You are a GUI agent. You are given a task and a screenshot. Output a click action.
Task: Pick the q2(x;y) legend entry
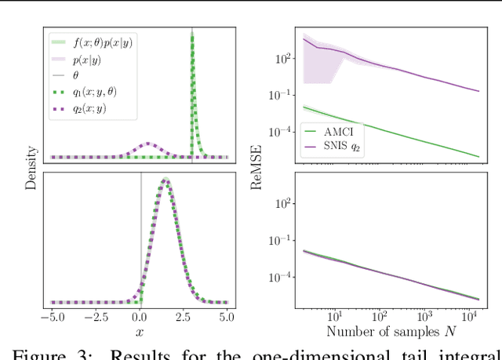coord(89,108)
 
